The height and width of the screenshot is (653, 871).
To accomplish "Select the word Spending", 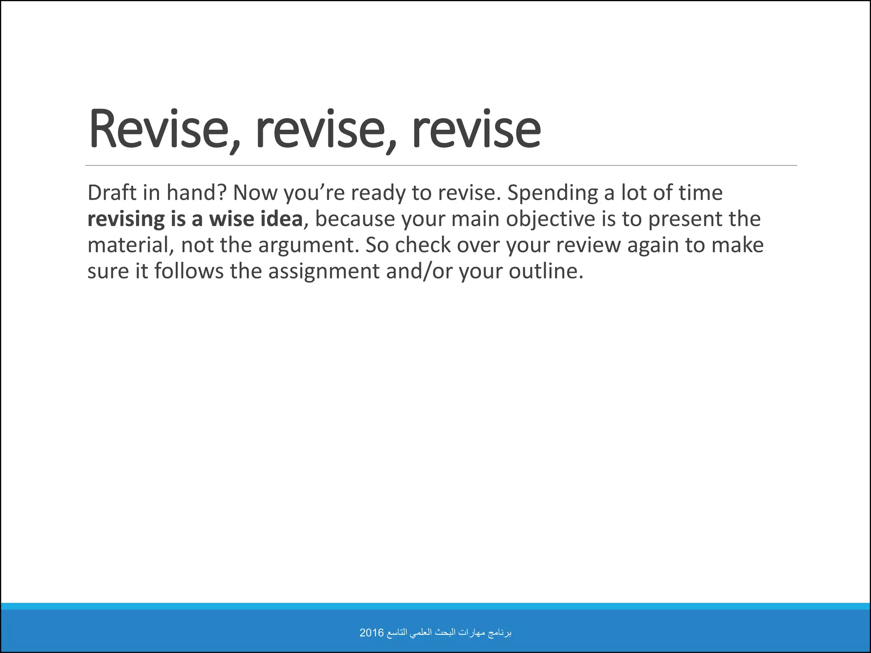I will (552, 193).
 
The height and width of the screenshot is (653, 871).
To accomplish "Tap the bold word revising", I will (126, 219).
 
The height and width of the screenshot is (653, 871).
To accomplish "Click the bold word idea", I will (281, 219).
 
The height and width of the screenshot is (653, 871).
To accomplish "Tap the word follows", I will (188, 271).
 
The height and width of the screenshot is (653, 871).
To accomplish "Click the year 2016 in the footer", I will (371, 633).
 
